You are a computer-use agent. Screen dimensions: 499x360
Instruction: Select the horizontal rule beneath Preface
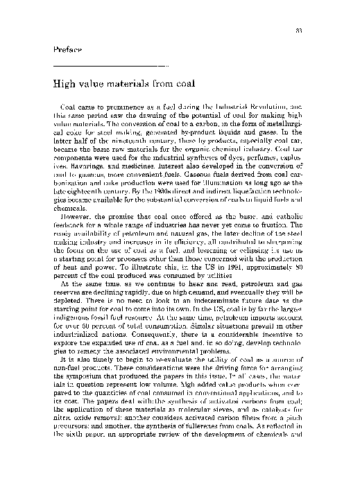coord(110,65)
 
